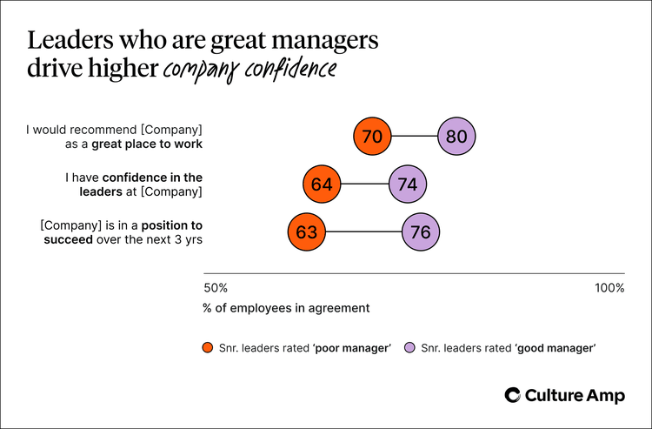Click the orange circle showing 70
click(x=373, y=137)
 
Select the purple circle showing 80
click(x=458, y=137)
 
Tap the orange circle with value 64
click(x=323, y=184)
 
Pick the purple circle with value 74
click(x=408, y=184)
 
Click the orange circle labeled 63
click(x=306, y=232)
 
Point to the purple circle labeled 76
click(x=422, y=232)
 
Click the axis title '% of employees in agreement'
click(x=286, y=307)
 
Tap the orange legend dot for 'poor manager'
click(x=207, y=347)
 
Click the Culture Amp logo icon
click(x=513, y=395)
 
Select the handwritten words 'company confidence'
click(x=250, y=69)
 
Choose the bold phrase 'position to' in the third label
click(x=170, y=225)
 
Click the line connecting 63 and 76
click(x=363, y=232)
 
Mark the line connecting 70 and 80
click(x=416, y=137)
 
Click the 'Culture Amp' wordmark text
click(x=575, y=395)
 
